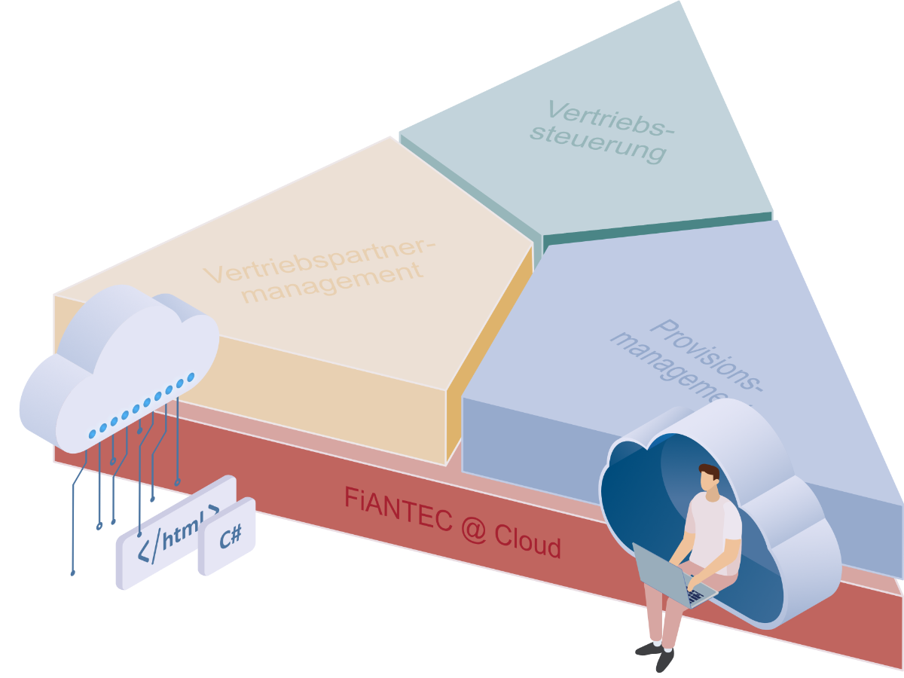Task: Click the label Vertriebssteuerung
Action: click(x=603, y=131)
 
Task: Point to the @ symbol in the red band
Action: click(x=472, y=528)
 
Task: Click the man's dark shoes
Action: click(x=655, y=654)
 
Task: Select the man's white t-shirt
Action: click(x=712, y=527)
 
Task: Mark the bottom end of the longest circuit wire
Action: click(x=72, y=573)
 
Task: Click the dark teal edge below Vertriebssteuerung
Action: click(x=655, y=227)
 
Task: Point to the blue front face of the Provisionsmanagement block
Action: click(x=527, y=444)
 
